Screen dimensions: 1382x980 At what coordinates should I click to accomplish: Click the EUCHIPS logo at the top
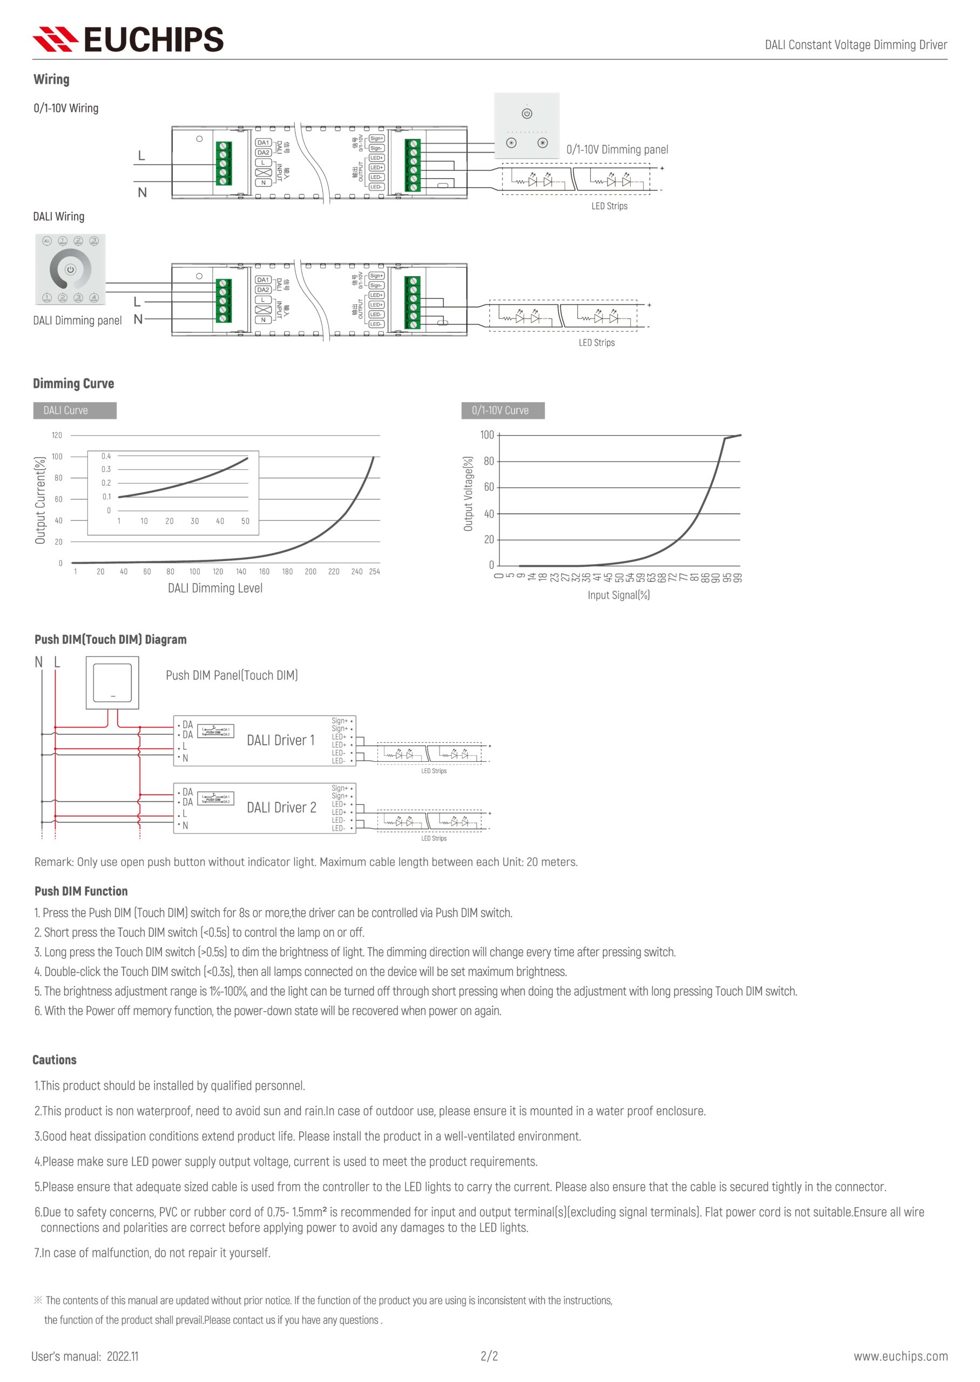[128, 39]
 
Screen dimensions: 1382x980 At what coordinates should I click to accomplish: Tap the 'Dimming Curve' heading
[73, 384]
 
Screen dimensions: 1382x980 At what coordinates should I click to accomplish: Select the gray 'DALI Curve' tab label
[74, 410]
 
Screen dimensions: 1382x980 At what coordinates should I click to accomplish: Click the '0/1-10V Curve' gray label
[502, 410]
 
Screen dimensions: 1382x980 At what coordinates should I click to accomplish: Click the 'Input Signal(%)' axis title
[619, 595]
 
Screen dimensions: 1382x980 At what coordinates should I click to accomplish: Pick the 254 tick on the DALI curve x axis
[374, 571]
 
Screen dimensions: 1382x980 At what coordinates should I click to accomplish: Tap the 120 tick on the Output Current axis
[57, 435]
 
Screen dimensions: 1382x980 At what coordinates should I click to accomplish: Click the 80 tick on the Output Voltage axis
[489, 461]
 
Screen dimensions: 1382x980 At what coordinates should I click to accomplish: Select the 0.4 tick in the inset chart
[106, 456]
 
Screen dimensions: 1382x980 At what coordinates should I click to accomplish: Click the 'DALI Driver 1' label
[281, 740]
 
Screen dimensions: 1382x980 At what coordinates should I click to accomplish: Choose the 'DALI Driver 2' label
[281, 808]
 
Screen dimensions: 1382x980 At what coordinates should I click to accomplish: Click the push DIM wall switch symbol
[112, 683]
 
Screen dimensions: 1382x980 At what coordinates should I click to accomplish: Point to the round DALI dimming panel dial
[70, 269]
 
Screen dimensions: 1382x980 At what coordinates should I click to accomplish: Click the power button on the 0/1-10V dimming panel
[527, 113]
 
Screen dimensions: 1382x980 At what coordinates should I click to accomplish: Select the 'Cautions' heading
[55, 1060]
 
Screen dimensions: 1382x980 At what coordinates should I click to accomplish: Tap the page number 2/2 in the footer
[489, 1356]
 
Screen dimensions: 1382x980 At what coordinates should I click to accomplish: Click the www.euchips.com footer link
[900, 1356]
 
